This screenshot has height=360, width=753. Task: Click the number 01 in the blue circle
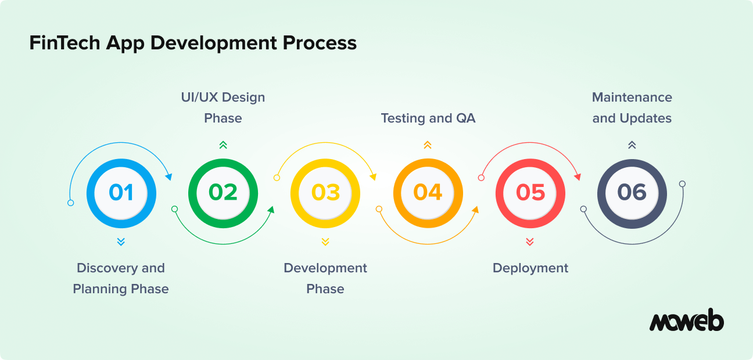121,192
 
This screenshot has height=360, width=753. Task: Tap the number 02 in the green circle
223,192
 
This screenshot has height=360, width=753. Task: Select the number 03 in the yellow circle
325,192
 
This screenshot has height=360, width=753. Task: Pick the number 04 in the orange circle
428,192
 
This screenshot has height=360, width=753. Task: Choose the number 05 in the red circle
530,192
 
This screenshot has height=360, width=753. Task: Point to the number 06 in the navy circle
632,192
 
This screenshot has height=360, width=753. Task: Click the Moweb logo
686,321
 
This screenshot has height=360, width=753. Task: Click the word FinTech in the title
64,43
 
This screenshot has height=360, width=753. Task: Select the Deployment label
530,268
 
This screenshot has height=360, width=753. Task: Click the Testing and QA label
428,118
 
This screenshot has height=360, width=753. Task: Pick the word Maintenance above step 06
632,98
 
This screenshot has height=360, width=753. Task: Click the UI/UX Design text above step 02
223,98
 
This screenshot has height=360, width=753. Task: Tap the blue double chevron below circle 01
121,242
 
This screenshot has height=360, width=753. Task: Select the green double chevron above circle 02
223,145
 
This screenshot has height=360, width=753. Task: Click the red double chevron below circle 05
530,242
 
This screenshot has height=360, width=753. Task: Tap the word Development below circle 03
325,268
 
